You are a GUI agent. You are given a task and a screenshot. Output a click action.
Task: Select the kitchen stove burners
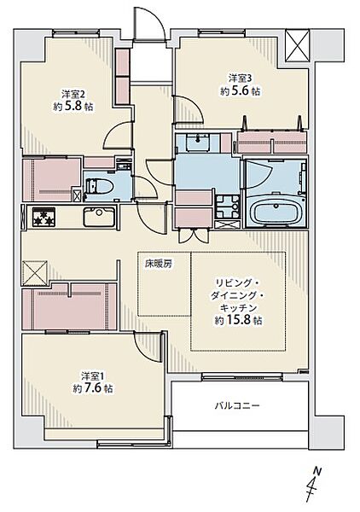pos(44,217)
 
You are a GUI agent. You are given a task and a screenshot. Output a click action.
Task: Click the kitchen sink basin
pos(99,217)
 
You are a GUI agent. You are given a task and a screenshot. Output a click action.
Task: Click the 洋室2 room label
pos(73,95)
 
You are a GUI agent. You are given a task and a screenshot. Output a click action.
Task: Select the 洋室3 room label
pos(241,79)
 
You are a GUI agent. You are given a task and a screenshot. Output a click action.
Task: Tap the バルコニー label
pos(237,406)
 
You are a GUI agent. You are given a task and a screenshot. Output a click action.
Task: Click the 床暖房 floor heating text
pos(159,265)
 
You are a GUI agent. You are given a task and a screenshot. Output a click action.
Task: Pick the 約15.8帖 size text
pos(238,320)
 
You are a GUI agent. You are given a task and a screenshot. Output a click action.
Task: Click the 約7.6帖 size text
pos(93,388)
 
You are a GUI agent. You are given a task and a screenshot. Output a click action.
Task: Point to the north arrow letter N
pos(317,471)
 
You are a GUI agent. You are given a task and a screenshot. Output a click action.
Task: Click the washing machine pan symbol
pos(228,207)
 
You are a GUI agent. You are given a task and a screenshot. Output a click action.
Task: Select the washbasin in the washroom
pos(198,143)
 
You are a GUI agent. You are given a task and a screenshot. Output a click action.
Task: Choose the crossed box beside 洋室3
pos(297,45)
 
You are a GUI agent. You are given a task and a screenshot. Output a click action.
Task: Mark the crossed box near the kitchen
pos(35,273)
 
